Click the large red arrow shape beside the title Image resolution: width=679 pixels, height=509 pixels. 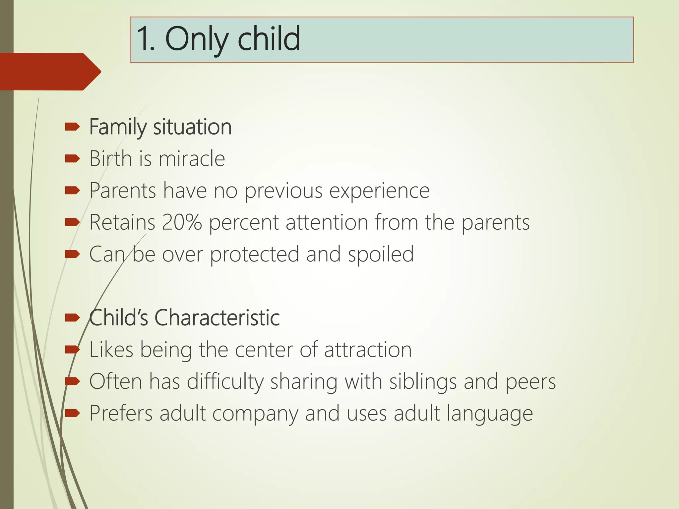50,72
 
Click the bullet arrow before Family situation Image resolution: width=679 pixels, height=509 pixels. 72,127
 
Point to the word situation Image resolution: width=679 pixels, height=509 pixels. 192,127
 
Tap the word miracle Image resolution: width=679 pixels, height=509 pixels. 192,158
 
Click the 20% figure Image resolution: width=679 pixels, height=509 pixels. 182,222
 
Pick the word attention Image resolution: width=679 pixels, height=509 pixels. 327,222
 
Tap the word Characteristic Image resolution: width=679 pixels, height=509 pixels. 217,318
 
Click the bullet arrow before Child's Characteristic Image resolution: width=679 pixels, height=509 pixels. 72,318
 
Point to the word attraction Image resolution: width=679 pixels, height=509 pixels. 368,350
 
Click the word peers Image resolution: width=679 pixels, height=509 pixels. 530,381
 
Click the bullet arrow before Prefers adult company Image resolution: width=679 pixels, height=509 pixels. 72,413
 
